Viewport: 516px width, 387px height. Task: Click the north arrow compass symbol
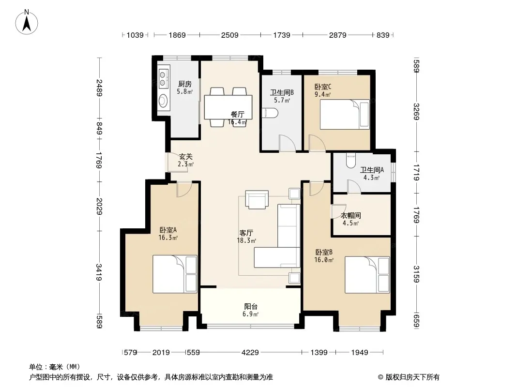[x=27, y=22]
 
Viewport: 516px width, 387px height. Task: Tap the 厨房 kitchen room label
[x=184, y=84]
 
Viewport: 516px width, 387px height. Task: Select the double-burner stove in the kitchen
[x=163, y=78]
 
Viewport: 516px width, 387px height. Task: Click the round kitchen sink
[x=163, y=101]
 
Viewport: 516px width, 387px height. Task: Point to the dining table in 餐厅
[x=228, y=107]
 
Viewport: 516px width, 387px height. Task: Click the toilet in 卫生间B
[x=270, y=113]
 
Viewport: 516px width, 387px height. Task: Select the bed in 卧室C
[x=345, y=115]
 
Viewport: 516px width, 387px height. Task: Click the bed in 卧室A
[x=175, y=274]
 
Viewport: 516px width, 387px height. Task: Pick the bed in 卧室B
[x=367, y=275]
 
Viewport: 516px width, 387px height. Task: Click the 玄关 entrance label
[x=185, y=157]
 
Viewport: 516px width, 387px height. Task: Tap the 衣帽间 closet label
[x=351, y=215]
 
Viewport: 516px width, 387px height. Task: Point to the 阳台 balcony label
[x=251, y=306]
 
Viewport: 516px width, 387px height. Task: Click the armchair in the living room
[x=257, y=199]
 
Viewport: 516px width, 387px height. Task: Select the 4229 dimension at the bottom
[x=250, y=353]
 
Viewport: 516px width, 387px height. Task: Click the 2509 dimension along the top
[x=230, y=35]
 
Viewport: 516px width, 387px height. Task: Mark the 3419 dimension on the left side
[x=99, y=272]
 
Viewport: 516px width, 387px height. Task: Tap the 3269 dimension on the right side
[x=416, y=112]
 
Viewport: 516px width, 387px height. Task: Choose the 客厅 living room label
[x=246, y=233]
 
